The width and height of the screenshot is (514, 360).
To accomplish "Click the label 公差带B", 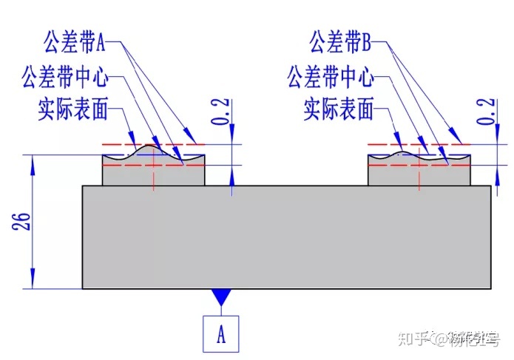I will coord(339,41).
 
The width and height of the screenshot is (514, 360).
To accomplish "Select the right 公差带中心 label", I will coord(329,76).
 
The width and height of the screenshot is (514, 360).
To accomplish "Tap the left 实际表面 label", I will coord(72,111).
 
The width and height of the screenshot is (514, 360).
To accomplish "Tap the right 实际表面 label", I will coord(339,111).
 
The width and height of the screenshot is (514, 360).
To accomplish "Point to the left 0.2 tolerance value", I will coord(220,112).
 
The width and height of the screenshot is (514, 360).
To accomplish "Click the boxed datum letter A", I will coord(220,334).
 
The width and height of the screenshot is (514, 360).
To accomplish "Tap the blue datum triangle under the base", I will coord(220,296).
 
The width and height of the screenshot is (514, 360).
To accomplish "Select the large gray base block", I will coord(285,237).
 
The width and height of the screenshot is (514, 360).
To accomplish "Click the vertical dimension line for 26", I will coord(34,222).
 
